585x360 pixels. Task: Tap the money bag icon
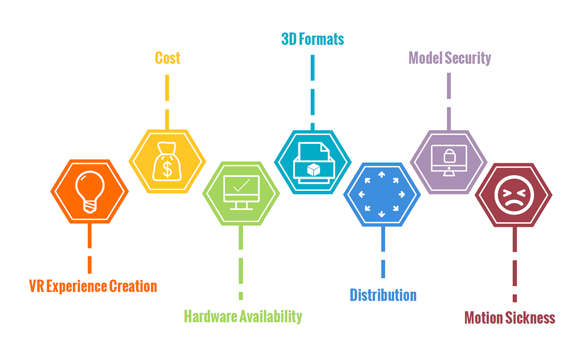(x=167, y=161)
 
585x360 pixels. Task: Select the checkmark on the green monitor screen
(x=241, y=185)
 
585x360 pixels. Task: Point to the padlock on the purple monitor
(x=449, y=156)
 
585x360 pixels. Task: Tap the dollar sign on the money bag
(x=167, y=168)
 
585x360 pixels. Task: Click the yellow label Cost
(x=167, y=58)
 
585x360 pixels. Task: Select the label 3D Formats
(x=313, y=39)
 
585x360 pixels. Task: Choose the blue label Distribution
(x=383, y=295)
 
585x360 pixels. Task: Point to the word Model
(x=425, y=58)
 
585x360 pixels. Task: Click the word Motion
(x=483, y=318)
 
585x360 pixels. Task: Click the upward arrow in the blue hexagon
(x=382, y=175)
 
